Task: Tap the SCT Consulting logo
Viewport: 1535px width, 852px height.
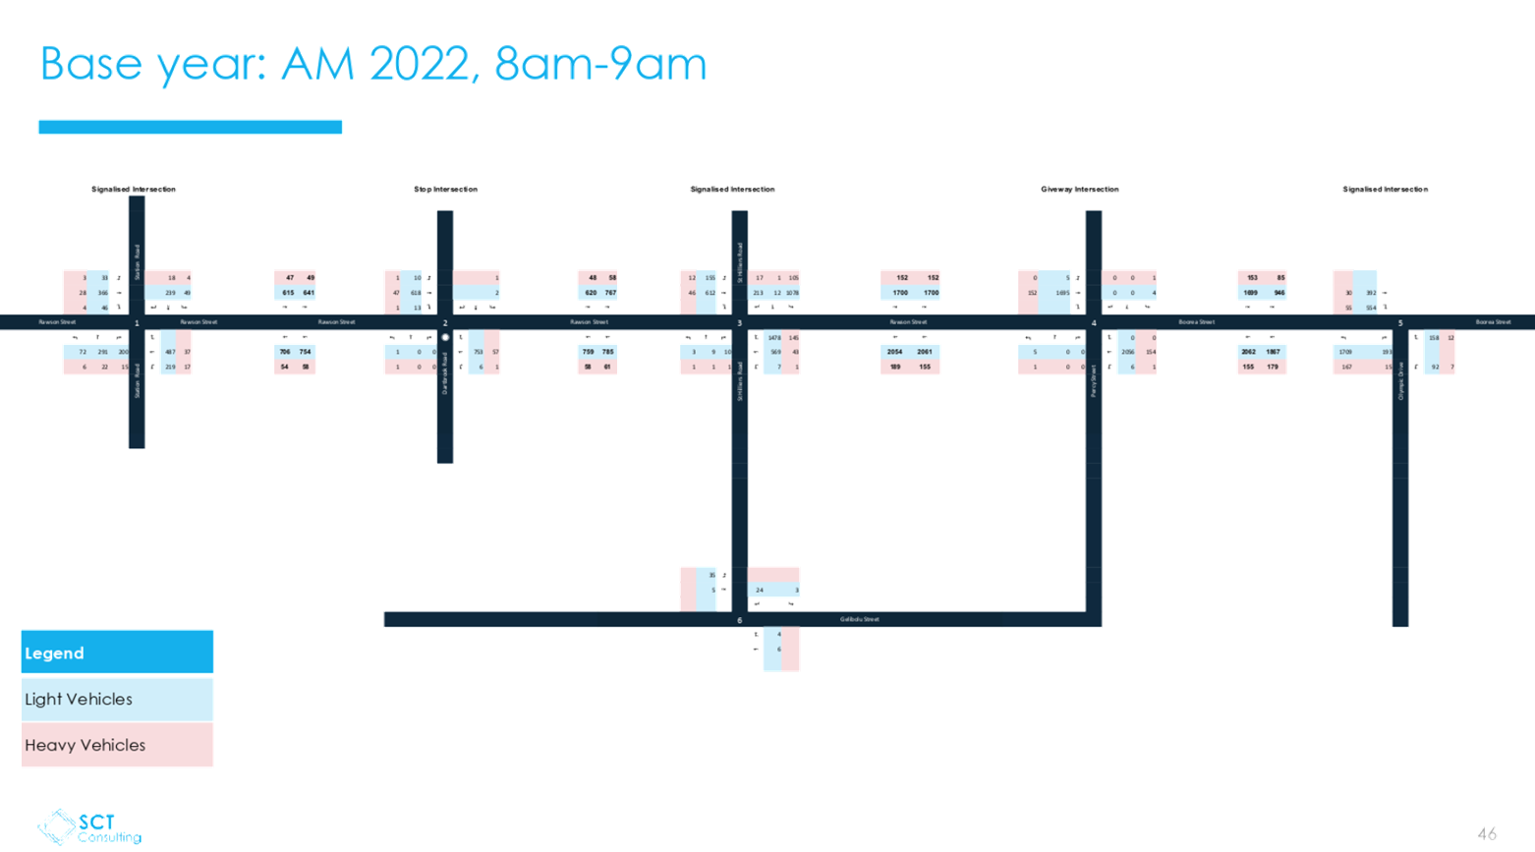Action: pyautogui.click(x=90, y=827)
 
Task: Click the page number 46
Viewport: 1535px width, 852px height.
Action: pyautogui.click(x=1486, y=833)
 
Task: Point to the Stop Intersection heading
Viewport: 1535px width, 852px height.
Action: pyautogui.click(x=445, y=189)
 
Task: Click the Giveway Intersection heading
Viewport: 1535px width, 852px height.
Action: pyautogui.click(x=1079, y=189)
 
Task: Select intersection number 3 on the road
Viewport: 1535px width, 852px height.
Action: pyautogui.click(x=739, y=322)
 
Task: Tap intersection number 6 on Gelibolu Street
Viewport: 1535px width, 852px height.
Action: pyautogui.click(x=739, y=620)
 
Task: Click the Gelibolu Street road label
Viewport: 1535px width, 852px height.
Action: pyautogui.click(x=860, y=619)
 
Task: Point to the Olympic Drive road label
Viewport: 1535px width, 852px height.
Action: pyautogui.click(x=1400, y=380)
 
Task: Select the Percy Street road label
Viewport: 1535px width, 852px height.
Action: pyautogui.click(x=1093, y=381)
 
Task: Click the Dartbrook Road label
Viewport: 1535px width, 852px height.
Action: pyautogui.click(x=444, y=373)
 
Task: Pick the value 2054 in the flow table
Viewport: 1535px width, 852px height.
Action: pyautogui.click(x=894, y=351)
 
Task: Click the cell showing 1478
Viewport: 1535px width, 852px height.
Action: pyautogui.click(x=774, y=337)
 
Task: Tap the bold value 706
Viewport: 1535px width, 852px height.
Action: pyautogui.click(x=285, y=351)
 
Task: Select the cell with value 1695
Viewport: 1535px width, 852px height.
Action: pyautogui.click(x=1062, y=293)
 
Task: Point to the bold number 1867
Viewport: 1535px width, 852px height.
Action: pyautogui.click(x=1273, y=351)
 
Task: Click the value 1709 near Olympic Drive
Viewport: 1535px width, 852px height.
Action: pyautogui.click(x=1344, y=351)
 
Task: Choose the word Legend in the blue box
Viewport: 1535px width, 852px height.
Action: pyautogui.click(x=54, y=653)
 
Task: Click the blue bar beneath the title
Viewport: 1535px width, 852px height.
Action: pyautogui.click(x=191, y=127)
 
